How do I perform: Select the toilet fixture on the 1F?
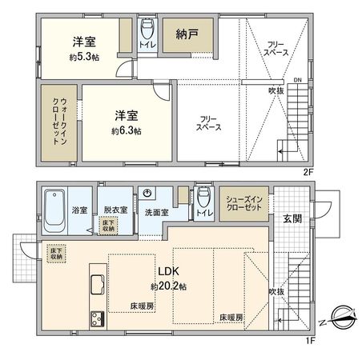point(203,197)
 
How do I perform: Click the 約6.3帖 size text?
point(127,130)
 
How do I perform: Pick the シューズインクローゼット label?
point(243,203)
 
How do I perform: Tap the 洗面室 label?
point(156,213)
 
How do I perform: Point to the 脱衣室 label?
point(115,210)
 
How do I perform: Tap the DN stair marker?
point(297,80)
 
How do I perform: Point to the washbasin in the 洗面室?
point(149,194)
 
